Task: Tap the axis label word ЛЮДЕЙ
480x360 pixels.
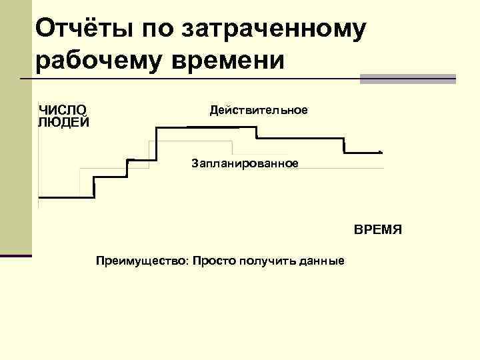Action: point(63,121)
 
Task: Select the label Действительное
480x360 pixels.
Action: point(259,110)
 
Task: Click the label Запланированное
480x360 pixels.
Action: point(245,163)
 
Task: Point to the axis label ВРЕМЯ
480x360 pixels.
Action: point(377,230)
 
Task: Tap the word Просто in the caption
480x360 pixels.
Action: point(209,260)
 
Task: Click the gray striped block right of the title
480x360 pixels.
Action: point(407,79)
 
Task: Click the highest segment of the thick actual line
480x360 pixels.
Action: point(205,127)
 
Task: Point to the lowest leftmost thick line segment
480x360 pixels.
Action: point(66,197)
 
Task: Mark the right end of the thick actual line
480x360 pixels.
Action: point(380,152)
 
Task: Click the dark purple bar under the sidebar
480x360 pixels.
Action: point(15,255)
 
